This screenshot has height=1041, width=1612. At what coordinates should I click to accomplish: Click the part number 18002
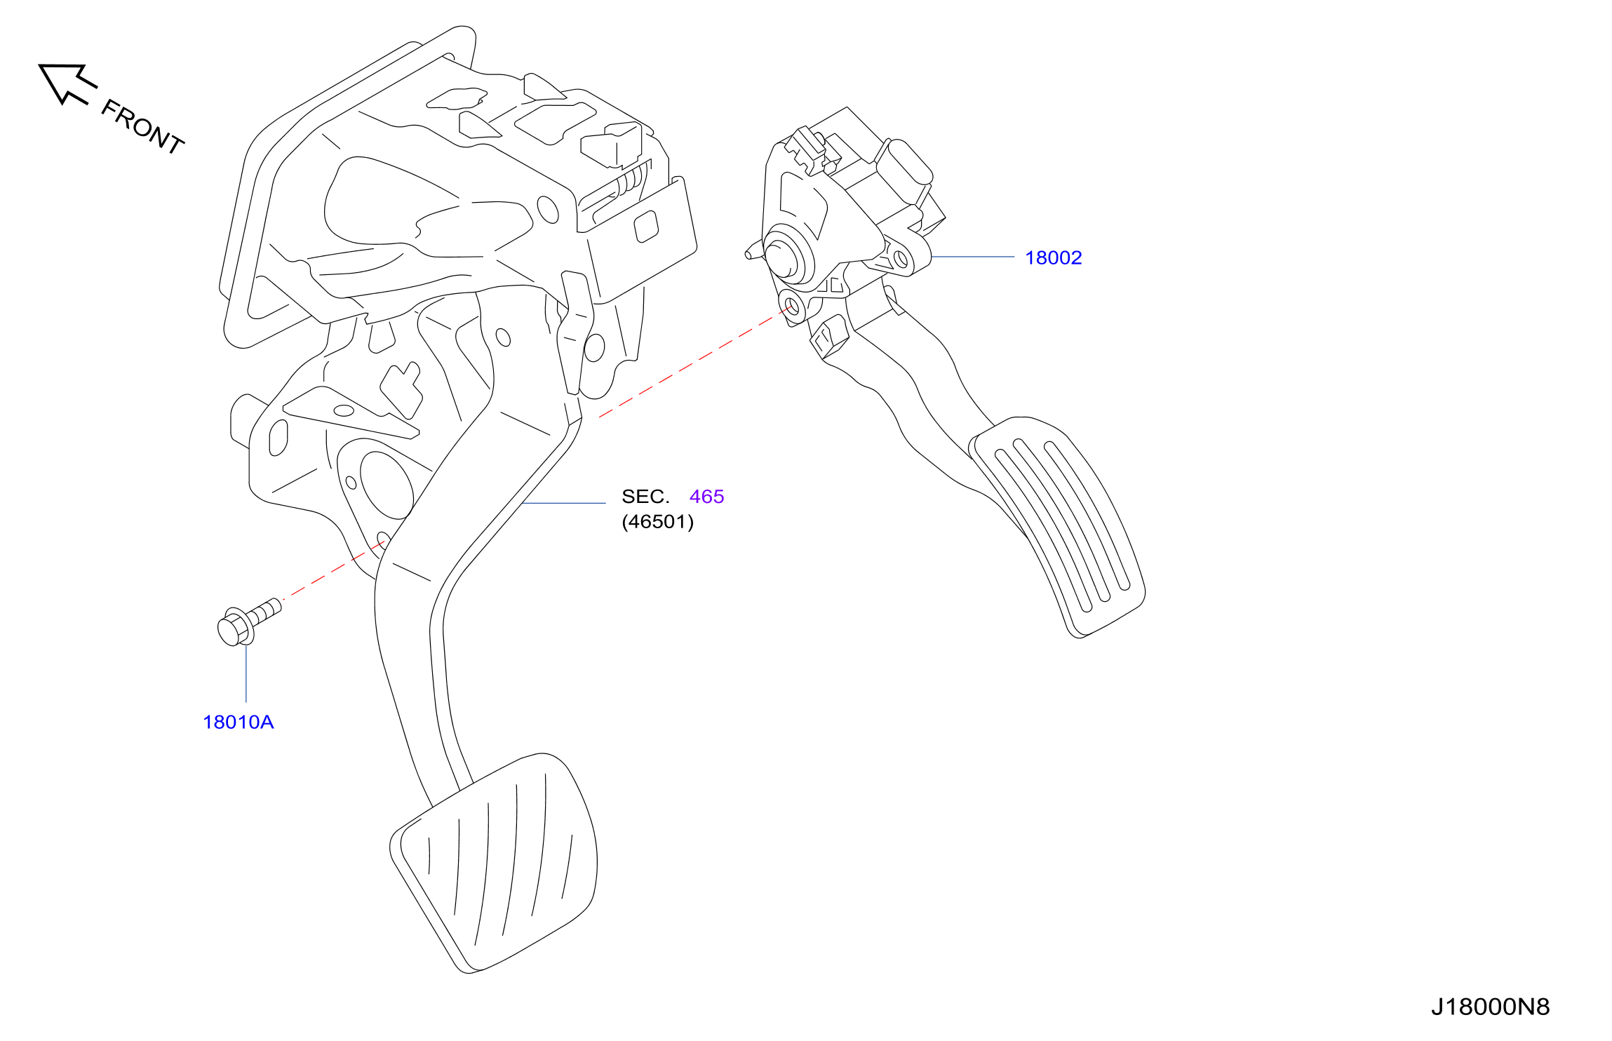click(x=1053, y=257)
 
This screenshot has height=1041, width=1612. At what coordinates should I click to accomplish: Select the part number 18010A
click(x=238, y=722)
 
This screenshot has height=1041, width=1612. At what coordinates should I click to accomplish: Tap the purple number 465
click(x=706, y=497)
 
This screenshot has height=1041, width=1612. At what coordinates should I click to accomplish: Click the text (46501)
click(x=657, y=522)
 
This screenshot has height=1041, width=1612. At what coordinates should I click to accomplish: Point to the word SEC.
click(x=645, y=497)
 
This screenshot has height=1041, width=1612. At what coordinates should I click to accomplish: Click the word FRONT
click(x=143, y=126)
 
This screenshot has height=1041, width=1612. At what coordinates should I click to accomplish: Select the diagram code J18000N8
click(x=1490, y=1007)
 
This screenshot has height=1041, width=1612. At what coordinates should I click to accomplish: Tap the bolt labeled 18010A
click(x=249, y=622)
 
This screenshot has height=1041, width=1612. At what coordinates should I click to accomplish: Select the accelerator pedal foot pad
click(x=1058, y=526)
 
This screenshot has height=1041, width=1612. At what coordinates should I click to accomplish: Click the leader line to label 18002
click(x=973, y=257)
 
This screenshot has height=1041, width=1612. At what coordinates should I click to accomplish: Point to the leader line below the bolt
click(x=246, y=673)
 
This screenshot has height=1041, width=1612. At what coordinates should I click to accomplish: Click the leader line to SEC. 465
click(x=564, y=503)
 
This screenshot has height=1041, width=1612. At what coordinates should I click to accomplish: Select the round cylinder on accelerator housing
click(x=784, y=258)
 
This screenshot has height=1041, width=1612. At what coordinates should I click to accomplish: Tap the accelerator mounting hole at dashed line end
click(x=792, y=307)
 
